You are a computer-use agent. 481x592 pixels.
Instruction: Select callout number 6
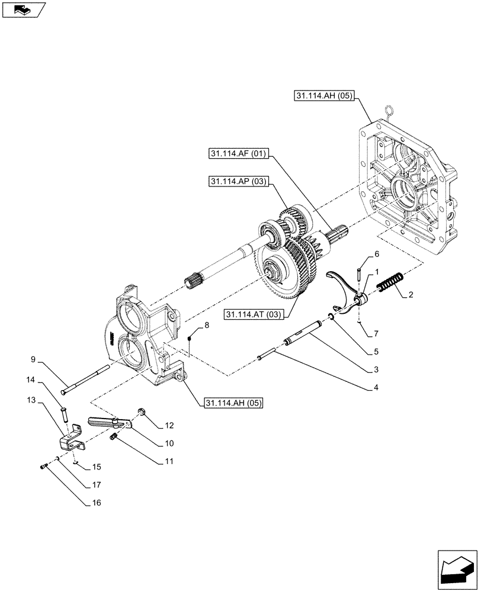coord(377,254)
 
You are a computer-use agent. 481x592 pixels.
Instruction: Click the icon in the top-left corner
coord(24,10)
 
